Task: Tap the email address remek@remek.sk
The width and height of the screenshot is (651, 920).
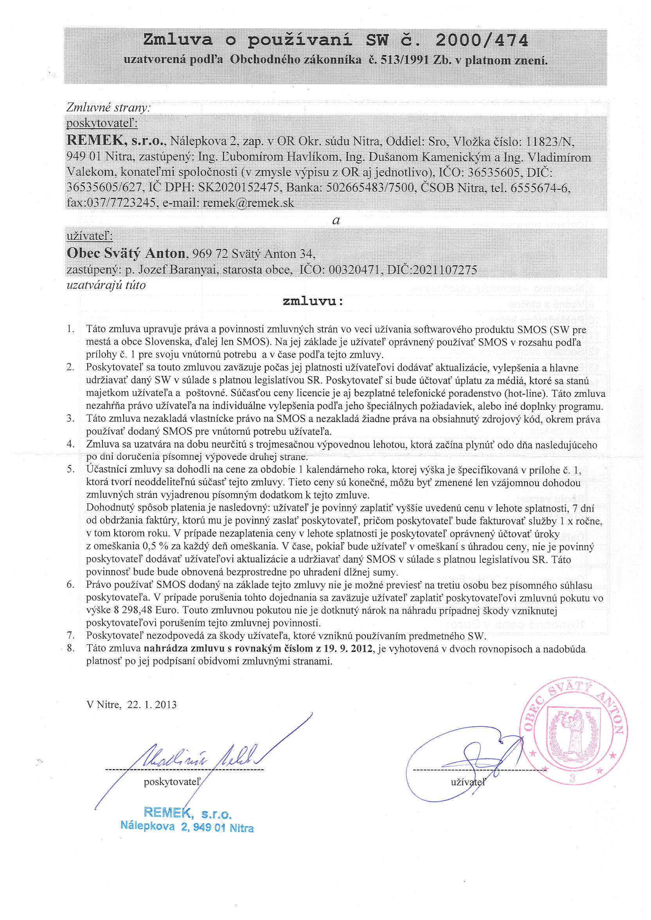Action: (x=248, y=203)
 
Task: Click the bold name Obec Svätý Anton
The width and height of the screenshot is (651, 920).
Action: (x=126, y=253)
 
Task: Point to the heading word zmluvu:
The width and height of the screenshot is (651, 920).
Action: (x=313, y=301)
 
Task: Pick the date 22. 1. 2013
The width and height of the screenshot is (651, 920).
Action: (x=152, y=704)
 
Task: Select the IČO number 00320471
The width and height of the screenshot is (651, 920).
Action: (x=354, y=270)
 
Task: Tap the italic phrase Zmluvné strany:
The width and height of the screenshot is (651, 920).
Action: (x=108, y=108)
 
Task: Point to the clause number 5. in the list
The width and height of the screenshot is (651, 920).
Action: (x=71, y=469)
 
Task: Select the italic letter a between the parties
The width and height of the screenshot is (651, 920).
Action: (x=336, y=220)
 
